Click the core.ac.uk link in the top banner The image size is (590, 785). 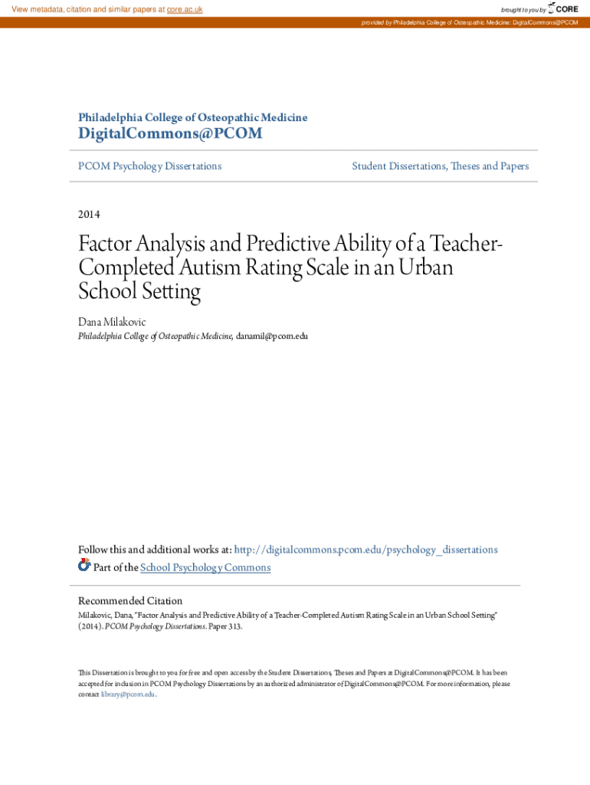pyautogui.click(x=185, y=9)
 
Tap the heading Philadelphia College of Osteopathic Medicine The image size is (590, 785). pyautogui.click(x=193, y=117)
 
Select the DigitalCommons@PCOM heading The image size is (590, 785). pyautogui.click(x=170, y=134)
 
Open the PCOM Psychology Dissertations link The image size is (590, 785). pyautogui.click(x=150, y=166)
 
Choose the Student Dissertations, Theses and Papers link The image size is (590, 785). pyautogui.click(x=440, y=166)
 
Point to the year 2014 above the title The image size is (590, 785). pyautogui.click(x=89, y=214)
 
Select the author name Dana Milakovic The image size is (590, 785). pyautogui.click(x=112, y=322)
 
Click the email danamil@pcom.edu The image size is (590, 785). pyautogui.click(x=271, y=336)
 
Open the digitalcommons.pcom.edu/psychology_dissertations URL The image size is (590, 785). pyautogui.click(x=365, y=550)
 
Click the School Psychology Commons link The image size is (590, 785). pyautogui.click(x=205, y=567)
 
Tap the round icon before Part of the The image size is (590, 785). pyautogui.click(x=84, y=566)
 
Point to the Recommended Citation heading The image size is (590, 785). pyautogui.click(x=130, y=600)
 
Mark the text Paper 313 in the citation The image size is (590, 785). pyautogui.click(x=223, y=626)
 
